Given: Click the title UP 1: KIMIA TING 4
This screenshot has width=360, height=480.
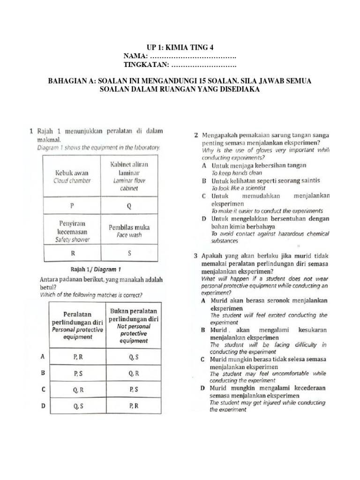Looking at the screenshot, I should (x=180, y=47).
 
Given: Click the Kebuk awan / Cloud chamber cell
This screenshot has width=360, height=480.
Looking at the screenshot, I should (x=73, y=176).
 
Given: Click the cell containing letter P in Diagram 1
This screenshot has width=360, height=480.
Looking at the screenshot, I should (x=72, y=206).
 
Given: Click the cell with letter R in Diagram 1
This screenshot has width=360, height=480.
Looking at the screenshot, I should (x=72, y=253).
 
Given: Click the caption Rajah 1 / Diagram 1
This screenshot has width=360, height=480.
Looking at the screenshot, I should (x=96, y=270).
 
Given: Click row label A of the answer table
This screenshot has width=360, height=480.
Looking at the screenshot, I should (x=43, y=357).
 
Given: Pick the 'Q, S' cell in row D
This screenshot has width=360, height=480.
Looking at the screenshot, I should (x=78, y=406).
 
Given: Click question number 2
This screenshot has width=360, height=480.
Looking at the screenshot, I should (x=195, y=135).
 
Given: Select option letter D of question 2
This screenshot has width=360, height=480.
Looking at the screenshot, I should (x=204, y=219).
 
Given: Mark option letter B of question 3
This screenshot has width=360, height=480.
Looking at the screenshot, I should (x=203, y=330).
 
